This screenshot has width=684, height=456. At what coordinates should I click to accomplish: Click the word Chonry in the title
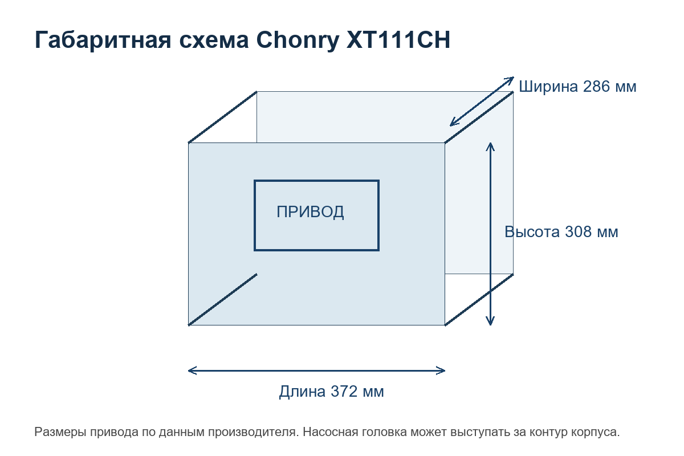pyautogui.click(x=298, y=40)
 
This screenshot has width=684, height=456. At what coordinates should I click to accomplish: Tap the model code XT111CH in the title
pyautogui.click(x=398, y=40)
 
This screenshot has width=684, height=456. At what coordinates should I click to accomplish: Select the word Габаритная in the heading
pyautogui.click(x=103, y=40)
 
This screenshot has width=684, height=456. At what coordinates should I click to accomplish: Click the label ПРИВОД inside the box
pyautogui.click(x=310, y=212)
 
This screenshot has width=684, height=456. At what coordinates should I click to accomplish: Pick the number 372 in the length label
pyautogui.click(x=344, y=392)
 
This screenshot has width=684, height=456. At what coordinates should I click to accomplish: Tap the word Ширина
pyautogui.click(x=548, y=87)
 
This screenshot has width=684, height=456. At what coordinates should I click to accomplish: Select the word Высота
pyautogui.click(x=532, y=232)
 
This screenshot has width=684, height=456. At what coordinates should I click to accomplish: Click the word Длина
pyautogui.click(x=302, y=392)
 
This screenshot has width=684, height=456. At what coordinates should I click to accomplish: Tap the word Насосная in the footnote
pyautogui.click(x=330, y=432)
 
